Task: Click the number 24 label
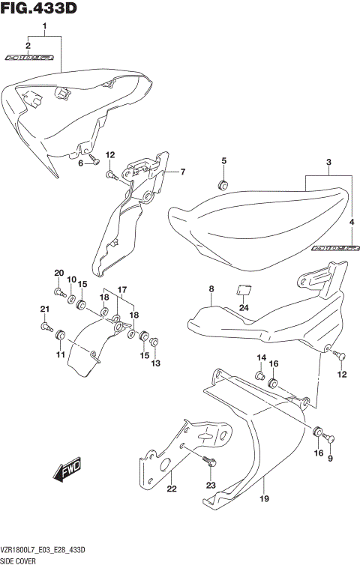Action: (243, 306)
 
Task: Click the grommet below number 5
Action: (223, 184)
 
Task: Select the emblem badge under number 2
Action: (30, 57)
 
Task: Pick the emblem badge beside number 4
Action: (334, 247)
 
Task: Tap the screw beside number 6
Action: (94, 158)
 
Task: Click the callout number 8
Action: (211, 288)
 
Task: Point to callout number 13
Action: (156, 363)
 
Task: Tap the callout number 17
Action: (121, 289)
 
